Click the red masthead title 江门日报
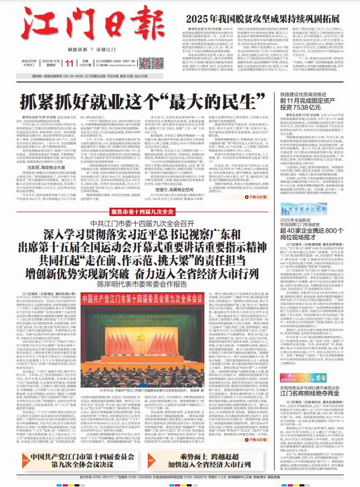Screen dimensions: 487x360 pos(70,24)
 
